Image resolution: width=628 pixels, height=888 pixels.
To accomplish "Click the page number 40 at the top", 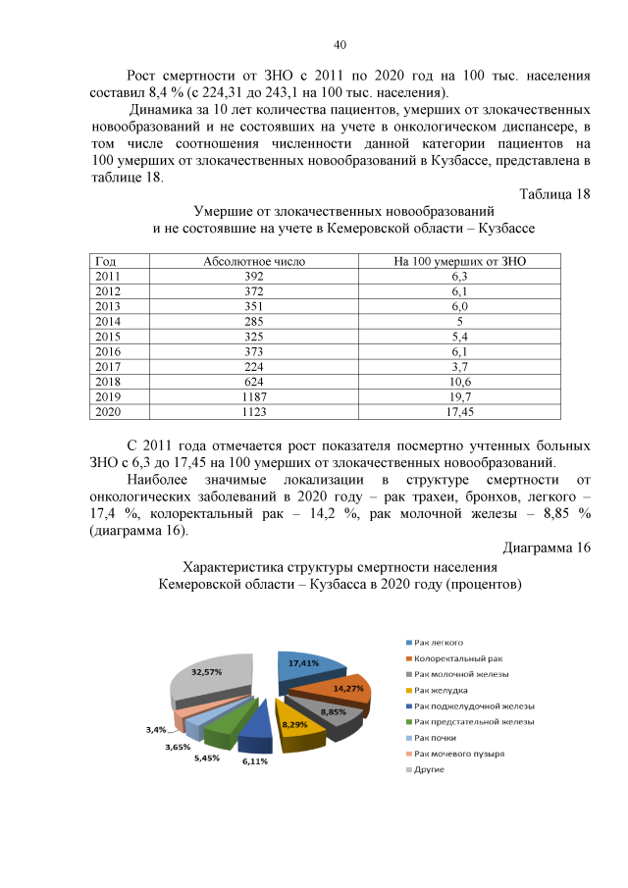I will pos(340,45).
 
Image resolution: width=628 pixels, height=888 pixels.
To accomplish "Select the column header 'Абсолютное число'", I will pos(254,262).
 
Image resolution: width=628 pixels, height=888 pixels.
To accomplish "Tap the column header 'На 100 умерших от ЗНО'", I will pos(459,262).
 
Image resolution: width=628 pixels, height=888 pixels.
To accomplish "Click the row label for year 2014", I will pos(107,321).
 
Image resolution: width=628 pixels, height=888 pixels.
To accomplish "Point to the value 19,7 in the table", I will pos(459,398).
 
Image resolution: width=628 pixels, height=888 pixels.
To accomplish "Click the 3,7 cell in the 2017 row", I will pos(459,368).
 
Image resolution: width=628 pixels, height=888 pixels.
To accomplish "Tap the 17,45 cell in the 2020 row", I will pos(459,413).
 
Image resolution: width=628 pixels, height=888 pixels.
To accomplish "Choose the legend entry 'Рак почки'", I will pos(435,737).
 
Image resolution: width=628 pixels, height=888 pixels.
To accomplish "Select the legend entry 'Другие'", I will pos(430,768).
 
